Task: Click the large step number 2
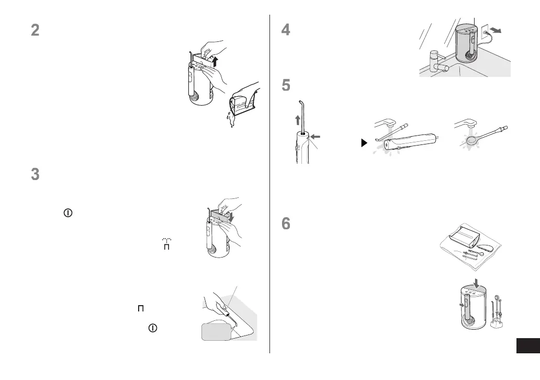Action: tap(35, 30)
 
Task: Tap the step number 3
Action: tap(35, 174)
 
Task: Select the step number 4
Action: tap(286, 30)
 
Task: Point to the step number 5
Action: tap(286, 85)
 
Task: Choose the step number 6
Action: tap(286, 223)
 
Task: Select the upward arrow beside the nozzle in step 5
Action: tap(298, 120)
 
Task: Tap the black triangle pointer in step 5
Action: tap(365, 142)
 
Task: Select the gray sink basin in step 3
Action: tap(216, 331)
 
